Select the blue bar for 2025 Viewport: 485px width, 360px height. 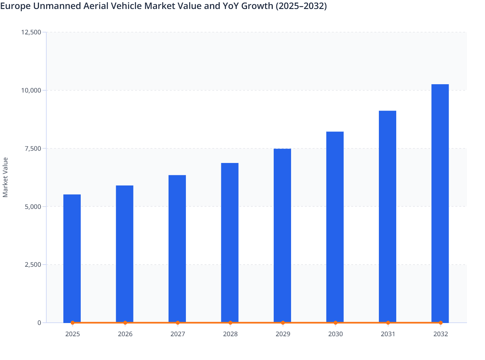click(72, 257)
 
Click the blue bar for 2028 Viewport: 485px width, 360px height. click(230, 241)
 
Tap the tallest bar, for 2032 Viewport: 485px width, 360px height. click(440, 203)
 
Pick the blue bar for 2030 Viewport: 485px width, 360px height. click(335, 225)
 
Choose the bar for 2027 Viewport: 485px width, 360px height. click(177, 248)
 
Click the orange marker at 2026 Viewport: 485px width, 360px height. click(125, 323)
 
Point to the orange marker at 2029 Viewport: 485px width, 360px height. click(283, 323)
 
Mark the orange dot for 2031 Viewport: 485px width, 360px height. click(388, 323)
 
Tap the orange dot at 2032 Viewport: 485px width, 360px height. click(441, 323)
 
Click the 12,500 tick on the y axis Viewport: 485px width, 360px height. click(31, 32)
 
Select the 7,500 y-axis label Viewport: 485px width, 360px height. click(33, 148)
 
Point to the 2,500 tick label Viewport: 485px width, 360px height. click(33, 265)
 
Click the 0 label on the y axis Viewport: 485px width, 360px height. click(39, 323)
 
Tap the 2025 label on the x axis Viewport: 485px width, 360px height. click(72, 334)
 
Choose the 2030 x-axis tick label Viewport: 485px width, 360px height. click(335, 334)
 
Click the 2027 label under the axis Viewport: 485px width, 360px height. click(178, 334)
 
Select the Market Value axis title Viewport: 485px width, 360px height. click(5, 177)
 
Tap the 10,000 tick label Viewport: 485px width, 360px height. click(31, 90)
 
